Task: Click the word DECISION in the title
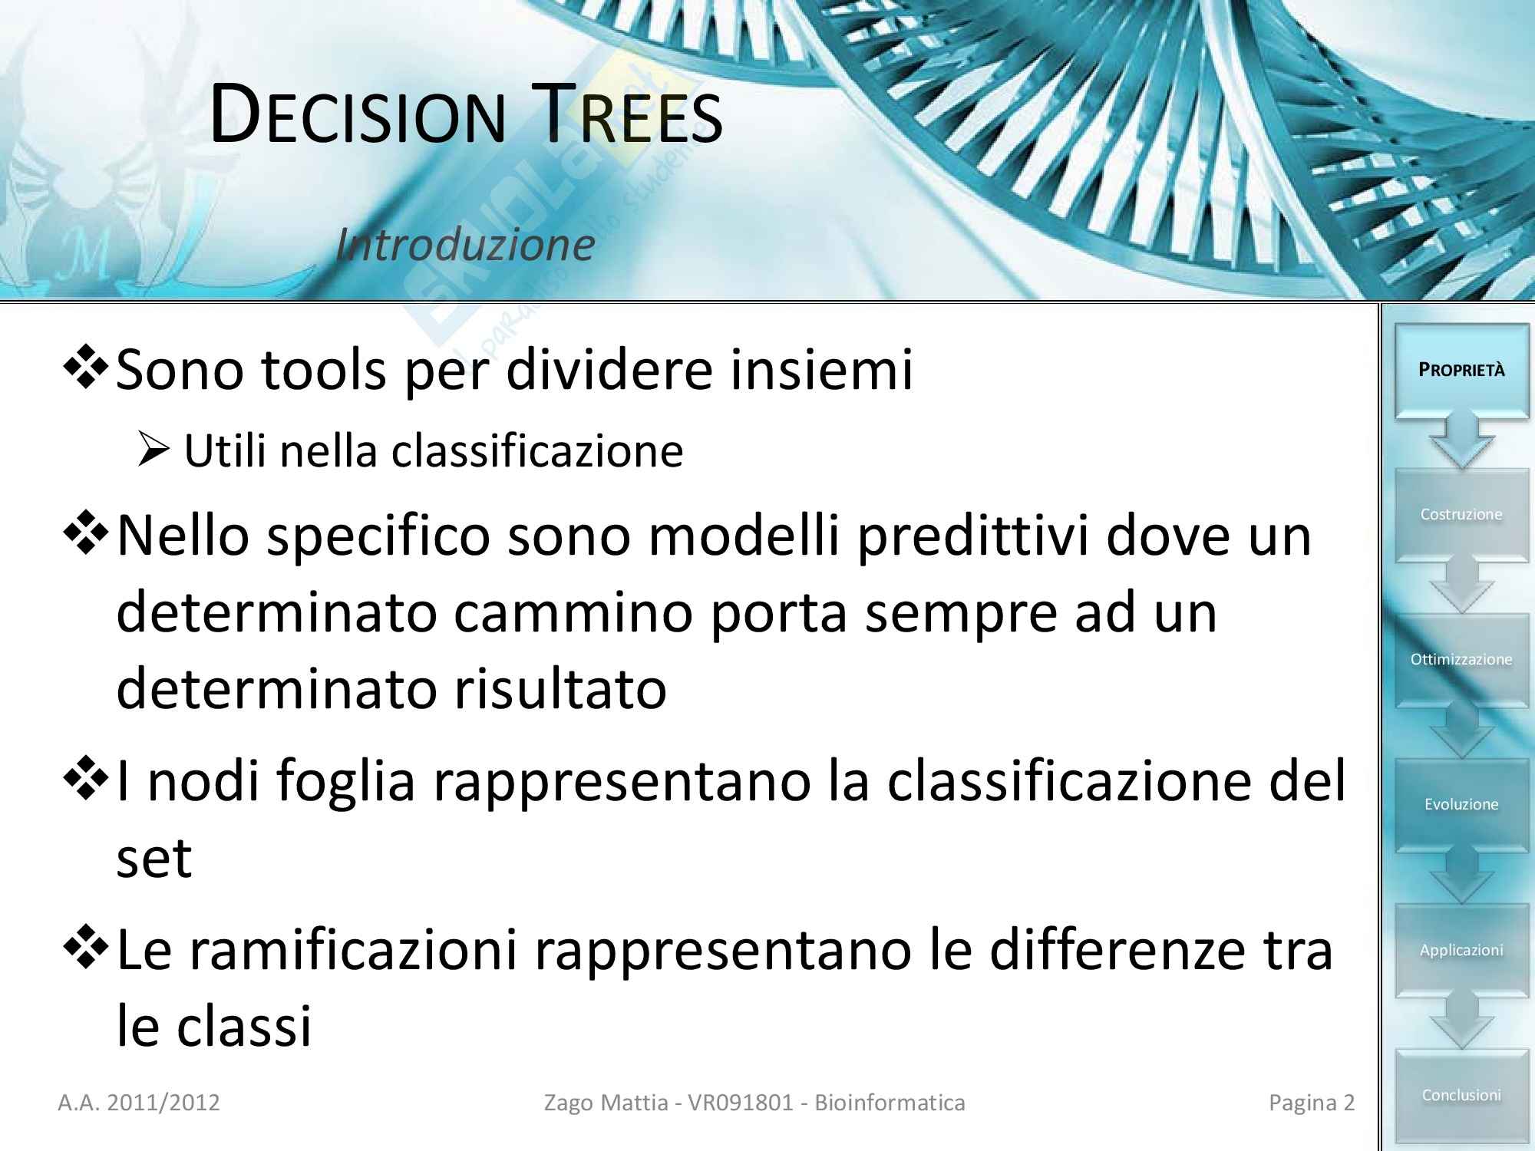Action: (x=358, y=115)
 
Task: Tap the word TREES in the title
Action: (x=626, y=115)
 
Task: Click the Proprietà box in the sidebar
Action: (x=1461, y=370)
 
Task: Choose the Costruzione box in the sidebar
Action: (x=1461, y=514)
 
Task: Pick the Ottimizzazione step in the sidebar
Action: (x=1461, y=659)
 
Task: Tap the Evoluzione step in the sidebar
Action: (x=1461, y=804)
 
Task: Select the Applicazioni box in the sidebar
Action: (x=1461, y=950)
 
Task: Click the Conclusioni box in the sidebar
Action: (x=1461, y=1095)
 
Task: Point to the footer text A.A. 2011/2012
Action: (x=139, y=1103)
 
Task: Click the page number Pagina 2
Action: (x=1312, y=1103)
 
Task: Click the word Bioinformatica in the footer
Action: (x=890, y=1103)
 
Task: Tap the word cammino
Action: (x=573, y=613)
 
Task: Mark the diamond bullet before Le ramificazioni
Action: (x=86, y=947)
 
